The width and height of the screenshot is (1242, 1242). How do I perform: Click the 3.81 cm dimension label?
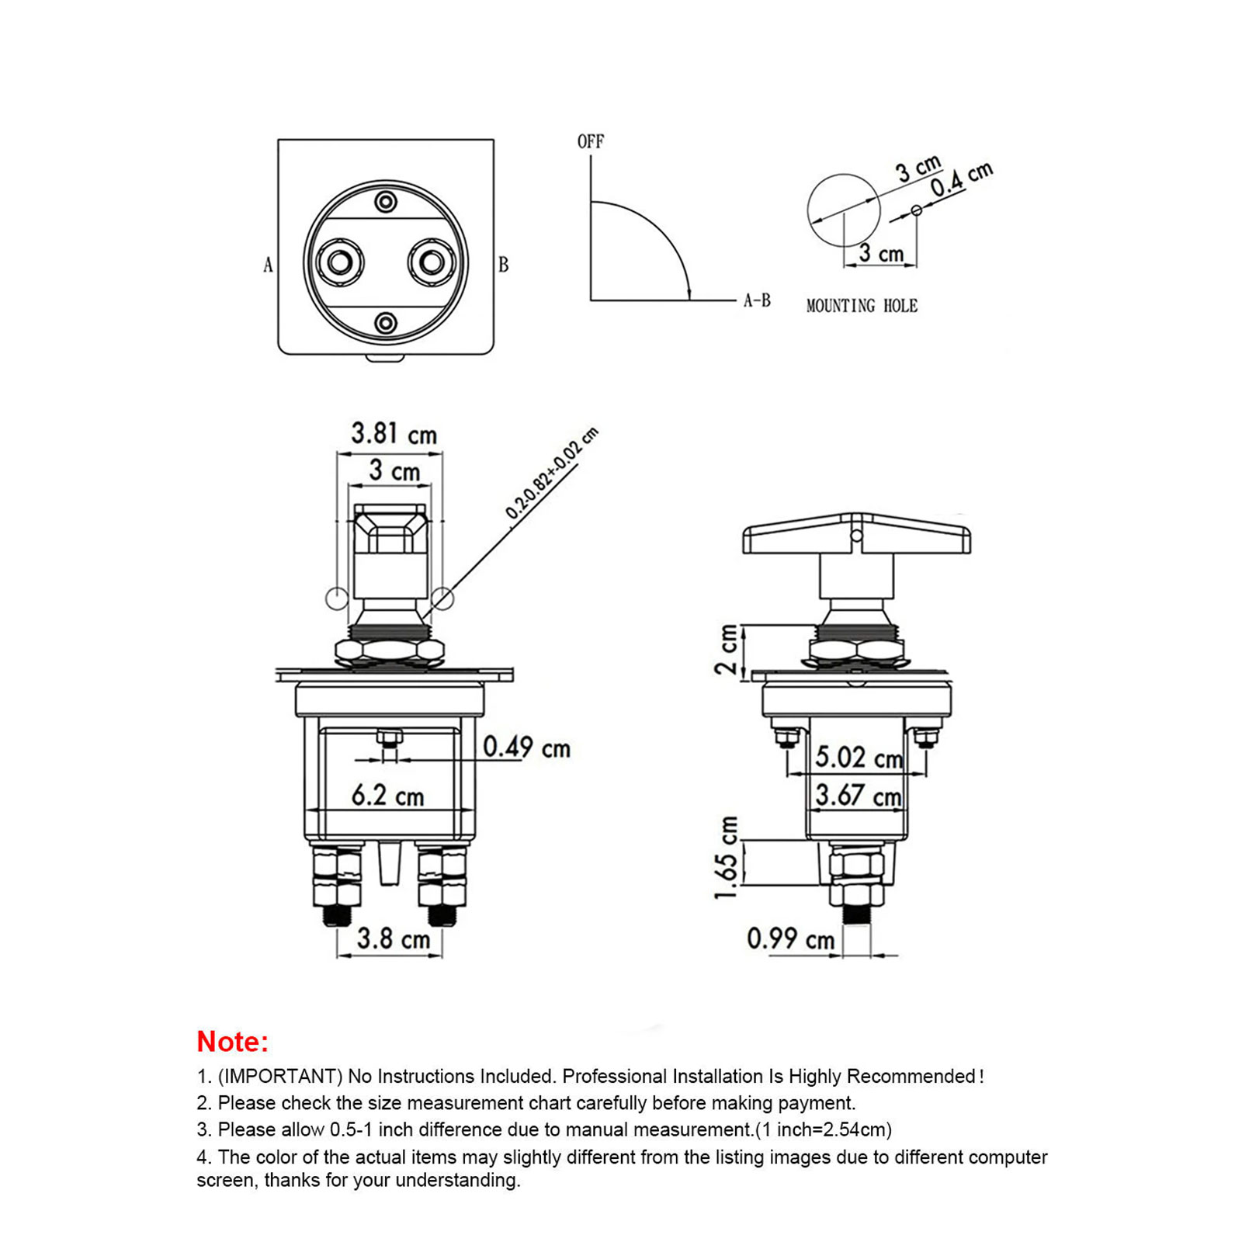pyautogui.click(x=394, y=433)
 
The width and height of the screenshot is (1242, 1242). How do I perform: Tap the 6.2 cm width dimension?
pyautogui.click(x=387, y=795)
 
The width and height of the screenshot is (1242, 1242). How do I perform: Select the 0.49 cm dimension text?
pyautogui.click(x=526, y=748)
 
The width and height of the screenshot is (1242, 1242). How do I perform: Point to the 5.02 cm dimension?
pyautogui.click(x=859, y=757)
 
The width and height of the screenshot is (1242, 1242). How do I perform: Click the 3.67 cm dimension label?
pyautogui.click(x=858, y=795)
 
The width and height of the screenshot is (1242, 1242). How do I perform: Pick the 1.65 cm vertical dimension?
pyautogui.click(x=727, y=858)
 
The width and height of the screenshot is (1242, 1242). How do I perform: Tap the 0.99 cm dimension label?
pyautogui.click(x=790, y=938)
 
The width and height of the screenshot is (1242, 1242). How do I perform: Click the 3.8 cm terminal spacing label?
pyautogui.click(x=393, y=938)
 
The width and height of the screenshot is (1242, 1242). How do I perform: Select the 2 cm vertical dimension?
pyautogui.click(x=727, y=649)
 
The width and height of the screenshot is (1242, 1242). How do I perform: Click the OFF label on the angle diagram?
pyautogui.click(x=590, y=141)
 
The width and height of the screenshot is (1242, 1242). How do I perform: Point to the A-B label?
pyautogui.click(x=757, y=300)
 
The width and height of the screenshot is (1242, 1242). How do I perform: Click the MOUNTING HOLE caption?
pyautogui.click(x=862, y=306)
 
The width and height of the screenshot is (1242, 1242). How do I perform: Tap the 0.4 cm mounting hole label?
pyautogui.click(x=961, y=179)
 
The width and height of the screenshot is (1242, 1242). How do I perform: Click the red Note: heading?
pyautogui.click(x=232, y=1042)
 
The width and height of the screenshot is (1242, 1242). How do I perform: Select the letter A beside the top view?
pyautogui.click(x=268, y=265)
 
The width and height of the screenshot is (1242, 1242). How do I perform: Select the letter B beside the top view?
pyautogui.click(x=503, y=265)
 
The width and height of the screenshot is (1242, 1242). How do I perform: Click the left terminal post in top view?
pyautogui.click(x=340, y=262)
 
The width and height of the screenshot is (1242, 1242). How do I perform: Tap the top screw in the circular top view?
pyautogui.click(x=386, y=203)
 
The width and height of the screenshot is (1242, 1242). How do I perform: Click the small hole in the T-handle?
pyautogui.click(x=856, y=536)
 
